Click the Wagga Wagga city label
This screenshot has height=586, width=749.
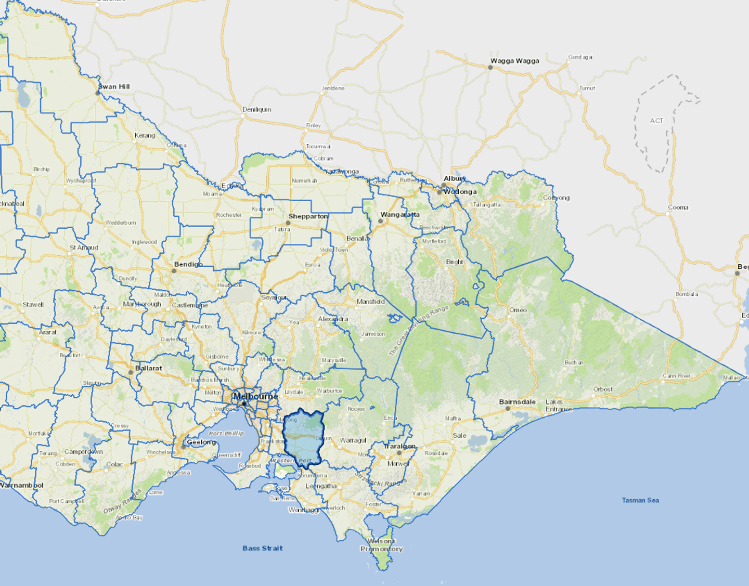pyautogui.click(x=514, y=61)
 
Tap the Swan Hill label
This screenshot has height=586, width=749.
pyautogui.click(x=114, y=87)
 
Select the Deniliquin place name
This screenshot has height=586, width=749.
pyautogui.click(x=256, y=110)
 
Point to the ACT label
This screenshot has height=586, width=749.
pyautogui.click(x=656, y=121)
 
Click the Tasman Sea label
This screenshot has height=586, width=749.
pyautogui.click(x=640, y=500)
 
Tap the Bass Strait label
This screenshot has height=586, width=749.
pyautogui.click(x=263, y=548)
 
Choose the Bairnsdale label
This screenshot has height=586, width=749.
pyautogui.click(x=517, y=402)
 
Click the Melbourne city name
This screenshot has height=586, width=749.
pyautogui.click(x=255, y=396)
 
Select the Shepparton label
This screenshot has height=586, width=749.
pyautogui.click(x=308, y=216)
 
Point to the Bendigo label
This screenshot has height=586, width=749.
pyautogui.click(x=188, y=265)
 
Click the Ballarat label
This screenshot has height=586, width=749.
pyautogui.click(x=149, y=368)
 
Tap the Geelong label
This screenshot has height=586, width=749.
pyautogui.click(x=201, y=442)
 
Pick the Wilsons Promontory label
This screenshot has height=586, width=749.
pyautogui.click(x=382, y=545)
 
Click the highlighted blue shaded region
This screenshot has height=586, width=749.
pyautogui.click(x=303, y=437)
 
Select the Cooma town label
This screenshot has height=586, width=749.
pyautogui.click(x=678, y=207)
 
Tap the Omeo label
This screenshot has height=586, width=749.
pyautogui.click(x=518, y=310)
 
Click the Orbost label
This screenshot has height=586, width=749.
pyautogui.click(x=603, y=389)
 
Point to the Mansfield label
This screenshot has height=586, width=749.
pyautogui.click(x=370, y=302)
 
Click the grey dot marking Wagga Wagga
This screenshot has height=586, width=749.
pyautogui.click(x=490, y=67)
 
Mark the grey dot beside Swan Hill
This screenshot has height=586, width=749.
pyautogui.click(x=98, y=93)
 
